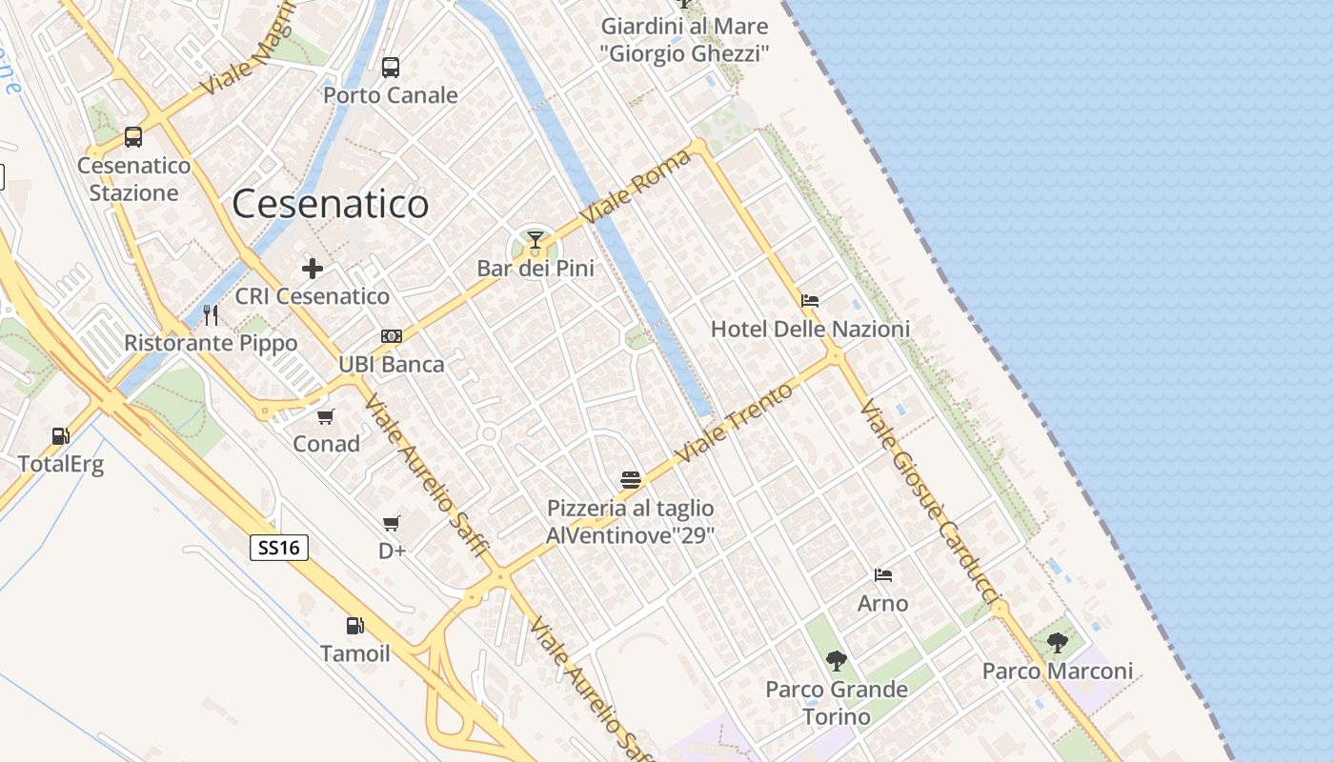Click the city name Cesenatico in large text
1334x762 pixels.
[331, 204]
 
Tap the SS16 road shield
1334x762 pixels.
[280, 548]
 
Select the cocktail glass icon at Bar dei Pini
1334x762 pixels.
[536, 239]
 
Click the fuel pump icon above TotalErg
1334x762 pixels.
[60, 436]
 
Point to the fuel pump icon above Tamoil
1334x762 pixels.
[354, 626]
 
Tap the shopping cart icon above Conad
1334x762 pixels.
[326, 416]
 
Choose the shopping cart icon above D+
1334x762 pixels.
[391, 523]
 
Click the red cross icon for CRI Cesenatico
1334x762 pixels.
[312, 269]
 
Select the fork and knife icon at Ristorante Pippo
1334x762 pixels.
[211, 314]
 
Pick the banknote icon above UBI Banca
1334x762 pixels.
[391, 336]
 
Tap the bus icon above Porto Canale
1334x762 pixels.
[391, 67]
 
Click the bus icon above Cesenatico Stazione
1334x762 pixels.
[133, 137]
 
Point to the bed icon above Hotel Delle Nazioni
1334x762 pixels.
[810, 301]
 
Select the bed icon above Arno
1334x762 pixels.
[883, 575]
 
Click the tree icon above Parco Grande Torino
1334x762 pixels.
[837, 660]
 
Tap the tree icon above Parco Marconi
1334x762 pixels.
[1058, 643]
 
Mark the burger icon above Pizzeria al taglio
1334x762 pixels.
[630, 479]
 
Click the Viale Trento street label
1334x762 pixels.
[734, 424]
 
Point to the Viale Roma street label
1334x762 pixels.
[636, 187]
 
